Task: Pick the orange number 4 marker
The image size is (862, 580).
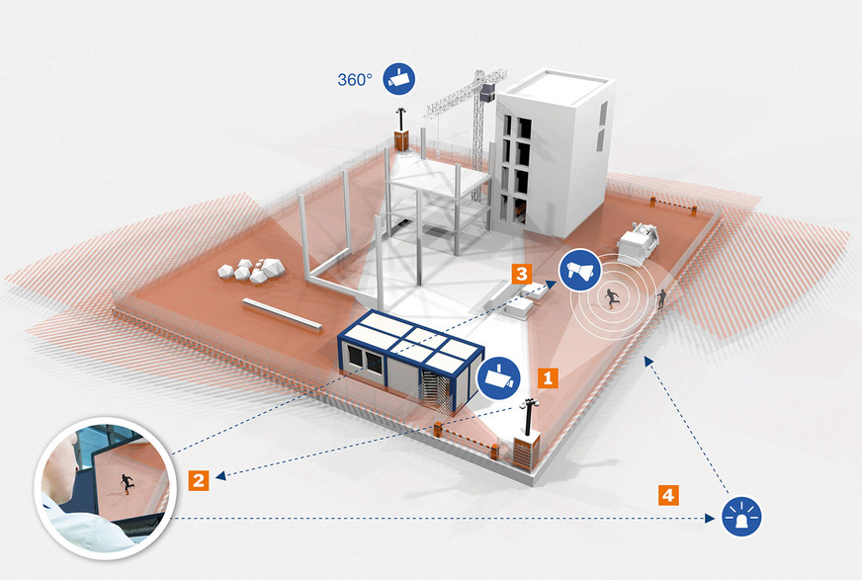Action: pos(669,492)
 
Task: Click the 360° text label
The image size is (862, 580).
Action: pos(354,79)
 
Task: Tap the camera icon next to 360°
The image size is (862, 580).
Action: pos(399,78)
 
